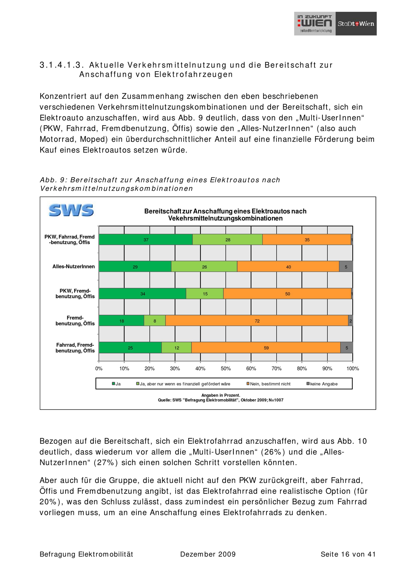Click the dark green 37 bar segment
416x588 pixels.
point(146,240)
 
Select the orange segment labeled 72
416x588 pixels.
point(257,321)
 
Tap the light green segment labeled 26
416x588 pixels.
point(204,267)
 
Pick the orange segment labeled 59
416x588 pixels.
point(266,348)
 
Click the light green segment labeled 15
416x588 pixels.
point(205,294)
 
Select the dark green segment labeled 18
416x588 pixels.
point(121,321)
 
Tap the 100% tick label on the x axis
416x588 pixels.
point(353,369)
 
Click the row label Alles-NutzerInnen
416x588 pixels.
point(74,267)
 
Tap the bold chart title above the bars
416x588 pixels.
point(225,215)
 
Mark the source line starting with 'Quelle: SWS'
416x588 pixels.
point(220,400)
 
